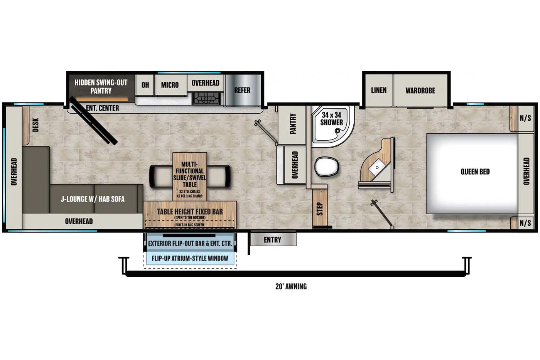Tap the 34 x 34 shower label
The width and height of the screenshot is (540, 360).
point(331,119)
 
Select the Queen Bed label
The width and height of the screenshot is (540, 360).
point(475,172)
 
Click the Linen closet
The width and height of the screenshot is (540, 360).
point(378,90)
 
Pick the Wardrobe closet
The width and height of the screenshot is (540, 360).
point(420,91)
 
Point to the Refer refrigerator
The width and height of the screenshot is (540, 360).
point(242,90)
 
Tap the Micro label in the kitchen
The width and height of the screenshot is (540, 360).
point(170,85)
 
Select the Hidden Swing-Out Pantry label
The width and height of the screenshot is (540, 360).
point(101,86)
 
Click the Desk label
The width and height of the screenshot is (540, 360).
point(35,124)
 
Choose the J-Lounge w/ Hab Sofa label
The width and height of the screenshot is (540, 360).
point(93,199)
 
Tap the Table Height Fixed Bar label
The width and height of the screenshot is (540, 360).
point(190,212)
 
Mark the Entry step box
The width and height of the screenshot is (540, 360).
point(273,240)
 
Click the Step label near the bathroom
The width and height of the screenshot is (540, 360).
point(319,209)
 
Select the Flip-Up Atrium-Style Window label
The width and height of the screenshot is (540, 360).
point(190,258)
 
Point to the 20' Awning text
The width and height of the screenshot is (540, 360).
point(291,286)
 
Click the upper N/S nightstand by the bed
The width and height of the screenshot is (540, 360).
point(525,118)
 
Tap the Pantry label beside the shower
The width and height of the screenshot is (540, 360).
point(293,124)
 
